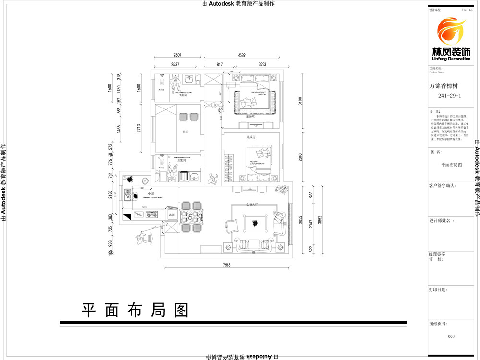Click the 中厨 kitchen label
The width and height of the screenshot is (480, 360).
click(x=151, y=194)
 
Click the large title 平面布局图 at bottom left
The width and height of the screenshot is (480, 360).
click(x=134, y=310)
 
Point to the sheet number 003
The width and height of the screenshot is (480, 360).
click(x=451, y=336)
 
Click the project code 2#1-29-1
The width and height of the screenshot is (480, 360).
click(x=450, y=96)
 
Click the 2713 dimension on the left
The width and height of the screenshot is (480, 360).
click(x=139, y=128)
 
